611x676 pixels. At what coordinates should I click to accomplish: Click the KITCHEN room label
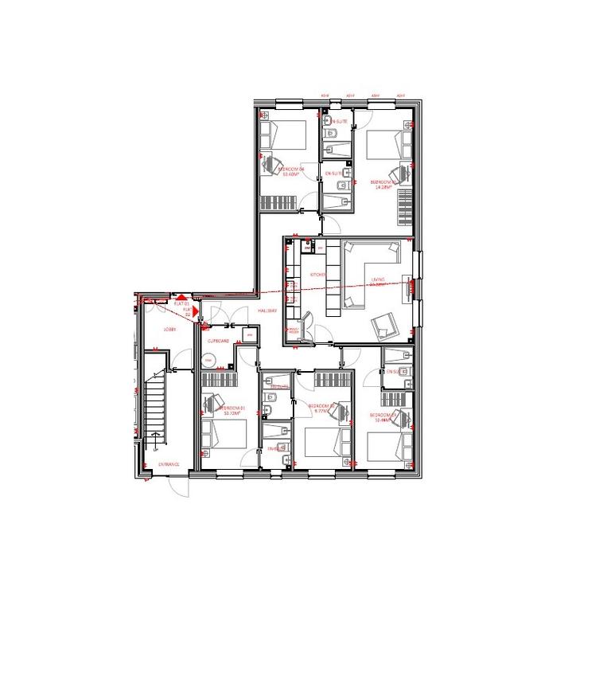[x=317, y=275]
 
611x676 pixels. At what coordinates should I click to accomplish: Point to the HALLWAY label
[x=266, y=311]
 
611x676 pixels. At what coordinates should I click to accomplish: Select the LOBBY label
[x=169, y=329]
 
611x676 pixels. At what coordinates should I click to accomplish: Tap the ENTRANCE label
[x=169, y=463]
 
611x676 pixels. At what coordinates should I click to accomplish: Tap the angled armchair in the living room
[x=384, y=323]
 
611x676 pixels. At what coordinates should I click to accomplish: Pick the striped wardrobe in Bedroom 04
[x=280, y=201]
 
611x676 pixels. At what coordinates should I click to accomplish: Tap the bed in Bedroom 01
[x=224, y=437]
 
